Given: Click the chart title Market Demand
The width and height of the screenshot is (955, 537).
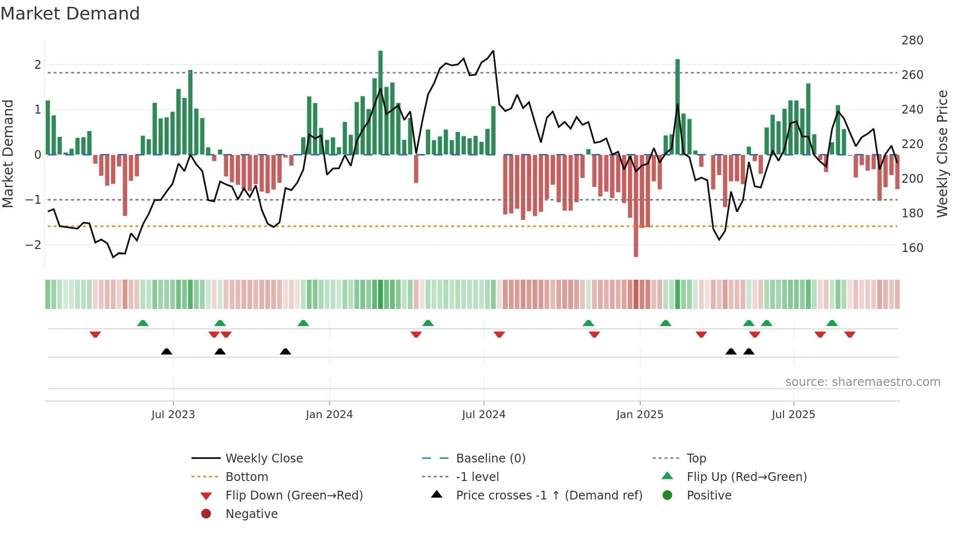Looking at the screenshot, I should tap(70, 14).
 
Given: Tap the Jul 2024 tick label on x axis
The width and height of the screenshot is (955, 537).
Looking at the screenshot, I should tap(483, 415).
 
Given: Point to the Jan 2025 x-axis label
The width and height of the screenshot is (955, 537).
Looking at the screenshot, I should tap(639, 415).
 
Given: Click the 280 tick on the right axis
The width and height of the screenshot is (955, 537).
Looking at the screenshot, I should tap(912, 40).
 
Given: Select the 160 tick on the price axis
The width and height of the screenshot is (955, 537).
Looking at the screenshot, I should tap(912, 248).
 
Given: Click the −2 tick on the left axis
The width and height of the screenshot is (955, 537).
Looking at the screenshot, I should tap(33, 245).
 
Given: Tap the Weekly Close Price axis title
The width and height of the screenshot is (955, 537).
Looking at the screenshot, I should tap(942, 153).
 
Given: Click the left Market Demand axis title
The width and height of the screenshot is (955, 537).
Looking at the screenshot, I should tap(8, 153).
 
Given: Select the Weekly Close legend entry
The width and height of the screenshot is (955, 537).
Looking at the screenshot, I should tap(264, 459).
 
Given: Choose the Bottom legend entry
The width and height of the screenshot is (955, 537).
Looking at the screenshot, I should tap(247, 477).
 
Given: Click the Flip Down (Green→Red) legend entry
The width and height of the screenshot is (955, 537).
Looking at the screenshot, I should tap(294, 496).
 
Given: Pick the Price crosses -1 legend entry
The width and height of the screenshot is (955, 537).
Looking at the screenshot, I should tap(549, 496).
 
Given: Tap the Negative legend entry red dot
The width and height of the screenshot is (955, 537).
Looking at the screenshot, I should tap(206, 514).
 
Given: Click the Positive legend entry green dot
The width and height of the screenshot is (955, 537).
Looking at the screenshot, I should tap(668, 496).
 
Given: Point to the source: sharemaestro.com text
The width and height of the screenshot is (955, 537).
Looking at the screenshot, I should tap(862, 382).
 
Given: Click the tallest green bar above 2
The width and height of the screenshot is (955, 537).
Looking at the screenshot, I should tap(381, 102).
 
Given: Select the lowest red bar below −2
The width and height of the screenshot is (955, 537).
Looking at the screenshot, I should tap(636, 206).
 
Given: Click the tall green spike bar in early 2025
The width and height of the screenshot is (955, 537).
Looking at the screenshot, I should tap(677, 107).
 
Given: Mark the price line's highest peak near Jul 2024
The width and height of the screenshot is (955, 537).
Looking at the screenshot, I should tap(493, 51).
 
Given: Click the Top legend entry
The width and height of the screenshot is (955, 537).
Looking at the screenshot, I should tap(696, 459).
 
